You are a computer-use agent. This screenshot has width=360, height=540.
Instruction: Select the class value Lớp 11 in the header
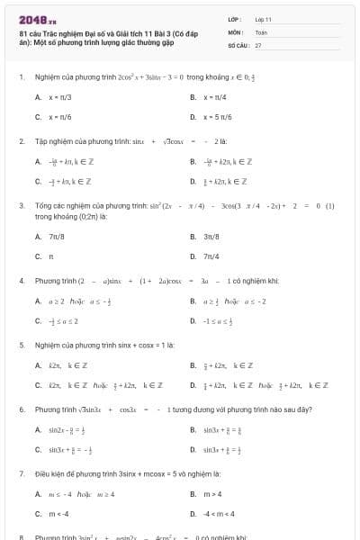click(263, 19)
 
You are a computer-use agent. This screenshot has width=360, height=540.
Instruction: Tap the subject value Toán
click(261, 31)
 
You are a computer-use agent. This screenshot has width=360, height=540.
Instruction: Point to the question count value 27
click(258, 44)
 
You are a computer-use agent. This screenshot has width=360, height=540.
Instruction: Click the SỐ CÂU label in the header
click(238, 44)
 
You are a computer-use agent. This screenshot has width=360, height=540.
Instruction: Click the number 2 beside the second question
click(22, 141)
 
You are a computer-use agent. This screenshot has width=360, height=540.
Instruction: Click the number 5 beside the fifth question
click(22, 345)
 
